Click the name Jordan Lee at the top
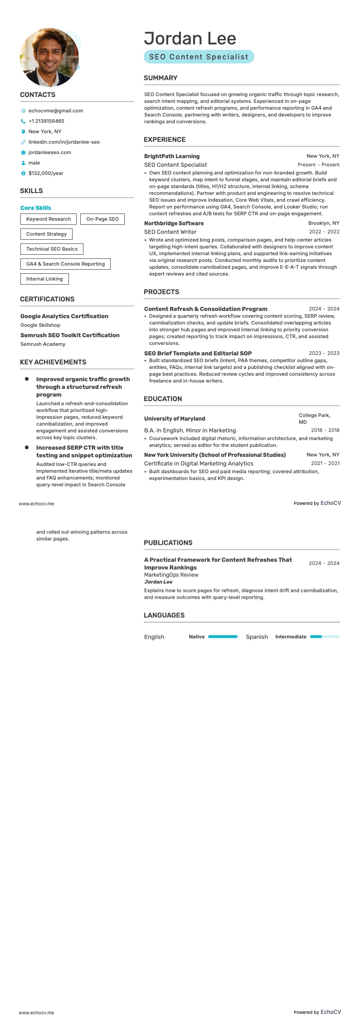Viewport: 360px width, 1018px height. [x=190, y=39]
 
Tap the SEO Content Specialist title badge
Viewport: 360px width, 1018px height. [x=199, y=57]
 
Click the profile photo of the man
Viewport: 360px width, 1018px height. [x=49, y=58]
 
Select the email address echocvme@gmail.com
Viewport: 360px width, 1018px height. [x=55, y=111]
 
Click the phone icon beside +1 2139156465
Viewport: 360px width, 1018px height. [x=23, y=121]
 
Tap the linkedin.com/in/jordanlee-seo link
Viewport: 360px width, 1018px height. [x=64, y=142]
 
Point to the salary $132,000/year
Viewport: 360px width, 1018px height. [x=46, y=173]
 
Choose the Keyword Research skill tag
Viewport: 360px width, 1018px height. [x=49, y=219]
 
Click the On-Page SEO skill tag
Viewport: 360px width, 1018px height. [x=102, y=219]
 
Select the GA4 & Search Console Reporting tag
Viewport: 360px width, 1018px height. [x=65, y=264]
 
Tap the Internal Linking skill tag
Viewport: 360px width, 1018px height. [x=44, y=279]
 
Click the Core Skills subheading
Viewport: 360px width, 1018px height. [x=36, y=208]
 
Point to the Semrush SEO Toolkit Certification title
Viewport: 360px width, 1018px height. [x=70, y=335]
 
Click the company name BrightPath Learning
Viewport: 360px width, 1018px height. [x=172, y=156]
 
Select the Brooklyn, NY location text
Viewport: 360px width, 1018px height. [x=323, y=223]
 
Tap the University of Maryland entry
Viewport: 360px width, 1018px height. [x=175, y=418]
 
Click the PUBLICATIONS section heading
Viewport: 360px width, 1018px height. [x=168, y=543]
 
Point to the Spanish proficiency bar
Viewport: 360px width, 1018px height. [x=324, y=636]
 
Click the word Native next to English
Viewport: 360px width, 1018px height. [x=196, y=636]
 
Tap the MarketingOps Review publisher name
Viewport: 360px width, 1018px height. [x=171, y=575]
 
